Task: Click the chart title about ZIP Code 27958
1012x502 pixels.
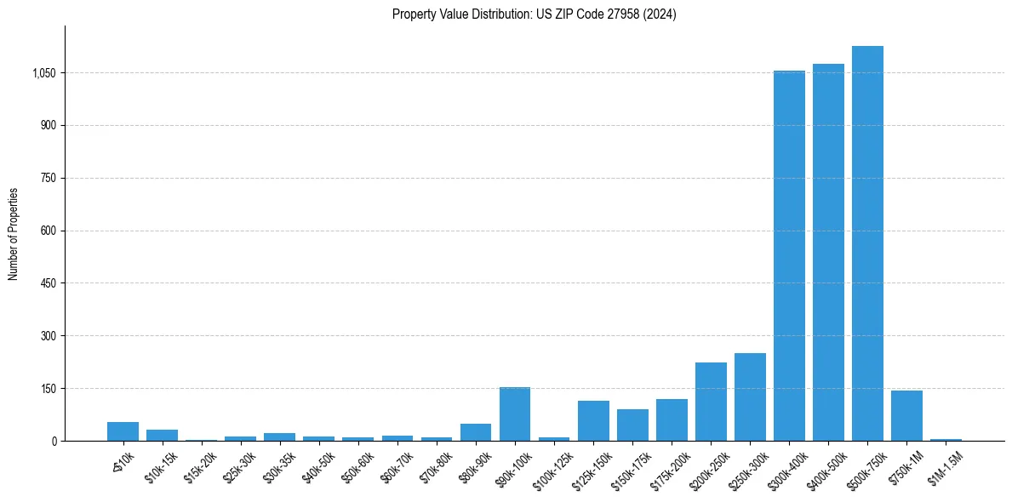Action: [534, 14]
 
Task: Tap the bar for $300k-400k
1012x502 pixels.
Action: [789, 255]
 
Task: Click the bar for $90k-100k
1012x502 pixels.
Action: [515, 414]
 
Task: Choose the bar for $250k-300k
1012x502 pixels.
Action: [750, 397]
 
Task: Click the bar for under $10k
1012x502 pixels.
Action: [123, 431]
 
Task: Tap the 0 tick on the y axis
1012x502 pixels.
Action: [53, 441]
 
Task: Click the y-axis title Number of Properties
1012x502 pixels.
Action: [14, 234]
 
